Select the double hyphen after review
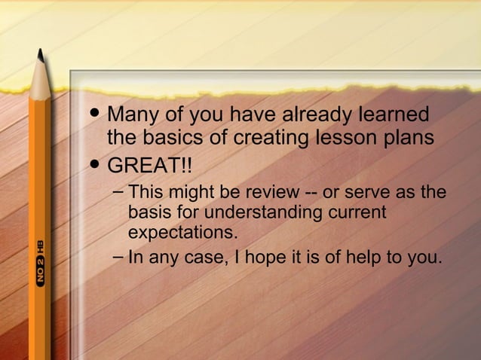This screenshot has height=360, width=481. (310, 193)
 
